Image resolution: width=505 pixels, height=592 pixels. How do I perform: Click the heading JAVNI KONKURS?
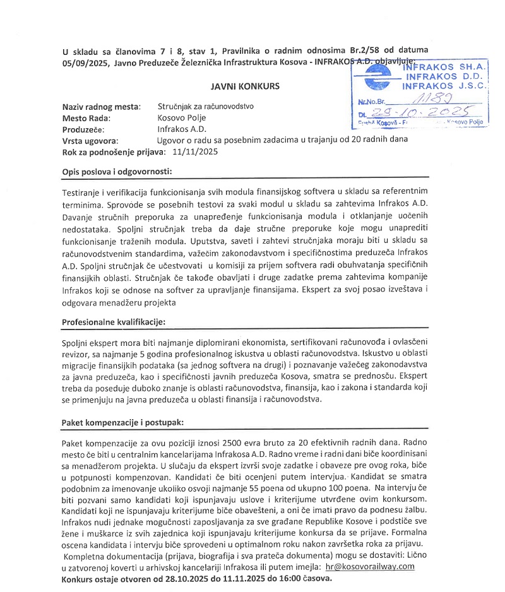coord(246,85)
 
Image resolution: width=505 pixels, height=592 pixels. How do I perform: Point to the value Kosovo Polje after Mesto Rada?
coord(181,117)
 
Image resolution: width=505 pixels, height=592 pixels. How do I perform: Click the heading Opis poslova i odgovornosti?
coord(117,171)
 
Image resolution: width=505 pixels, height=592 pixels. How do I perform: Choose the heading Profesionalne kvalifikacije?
coord(113,323)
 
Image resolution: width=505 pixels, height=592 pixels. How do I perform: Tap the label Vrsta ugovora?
coord(91,139)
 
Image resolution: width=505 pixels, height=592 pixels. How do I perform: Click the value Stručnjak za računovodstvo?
coord(205,106)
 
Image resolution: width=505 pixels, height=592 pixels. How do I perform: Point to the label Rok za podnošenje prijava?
coord(112,151)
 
